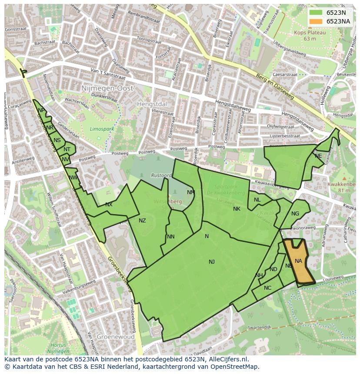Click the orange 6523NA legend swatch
[x=316, y=21]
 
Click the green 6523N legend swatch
[x=316, y=13]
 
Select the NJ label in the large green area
[x=212, y=261]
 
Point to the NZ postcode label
[x=142, y=221]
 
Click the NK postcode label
[x=237, y=209]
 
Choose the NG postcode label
[x=295, y=213]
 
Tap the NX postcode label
[x=109, y=204]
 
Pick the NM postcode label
[x=191, y=192]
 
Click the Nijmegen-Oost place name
[x=107, y=88]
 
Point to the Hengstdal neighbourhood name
[x=152, y=104]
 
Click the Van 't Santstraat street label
[x=108, y=74]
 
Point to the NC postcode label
[x=267, y=288]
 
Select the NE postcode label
[x=318, y=156]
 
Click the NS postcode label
[x=57, y=140]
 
